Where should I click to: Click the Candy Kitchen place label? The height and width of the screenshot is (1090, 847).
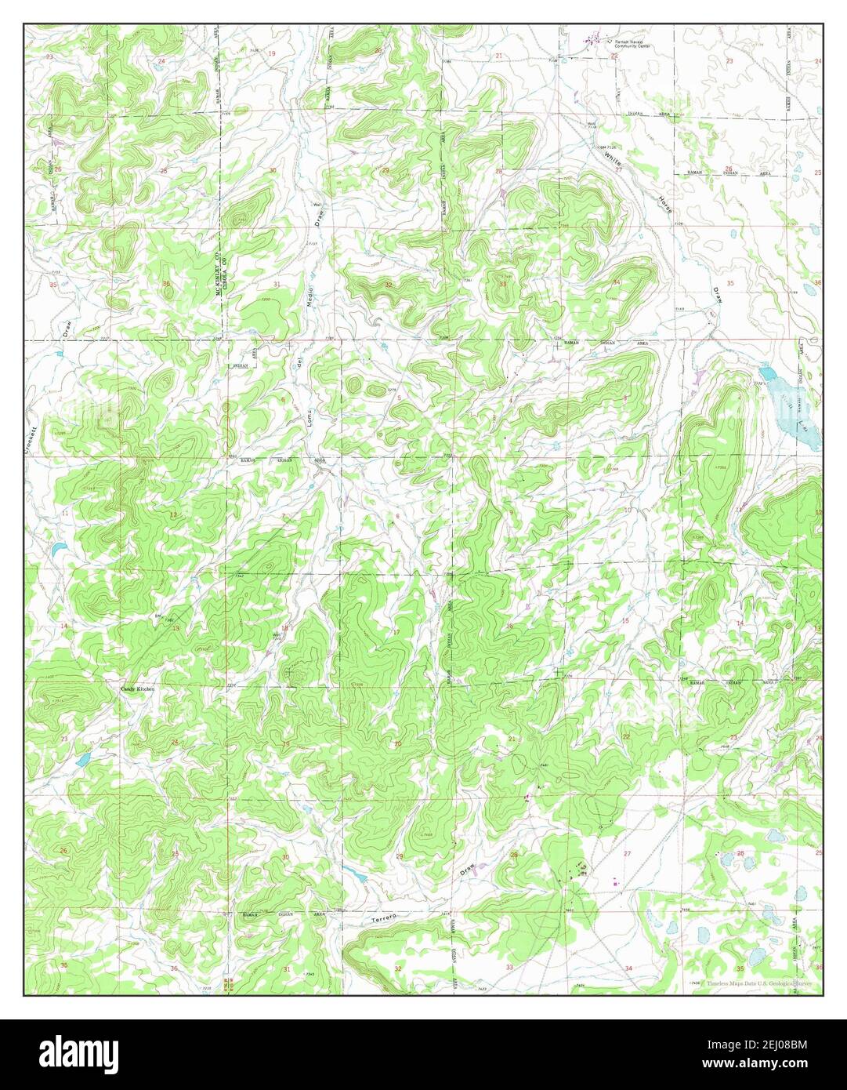point(137,689)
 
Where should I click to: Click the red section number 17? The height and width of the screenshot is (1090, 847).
point(396,632)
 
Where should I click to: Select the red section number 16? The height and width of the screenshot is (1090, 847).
point(509,626)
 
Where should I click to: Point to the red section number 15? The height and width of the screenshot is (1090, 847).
point(624,621)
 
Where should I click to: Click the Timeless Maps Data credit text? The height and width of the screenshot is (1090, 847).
point(758,983)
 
